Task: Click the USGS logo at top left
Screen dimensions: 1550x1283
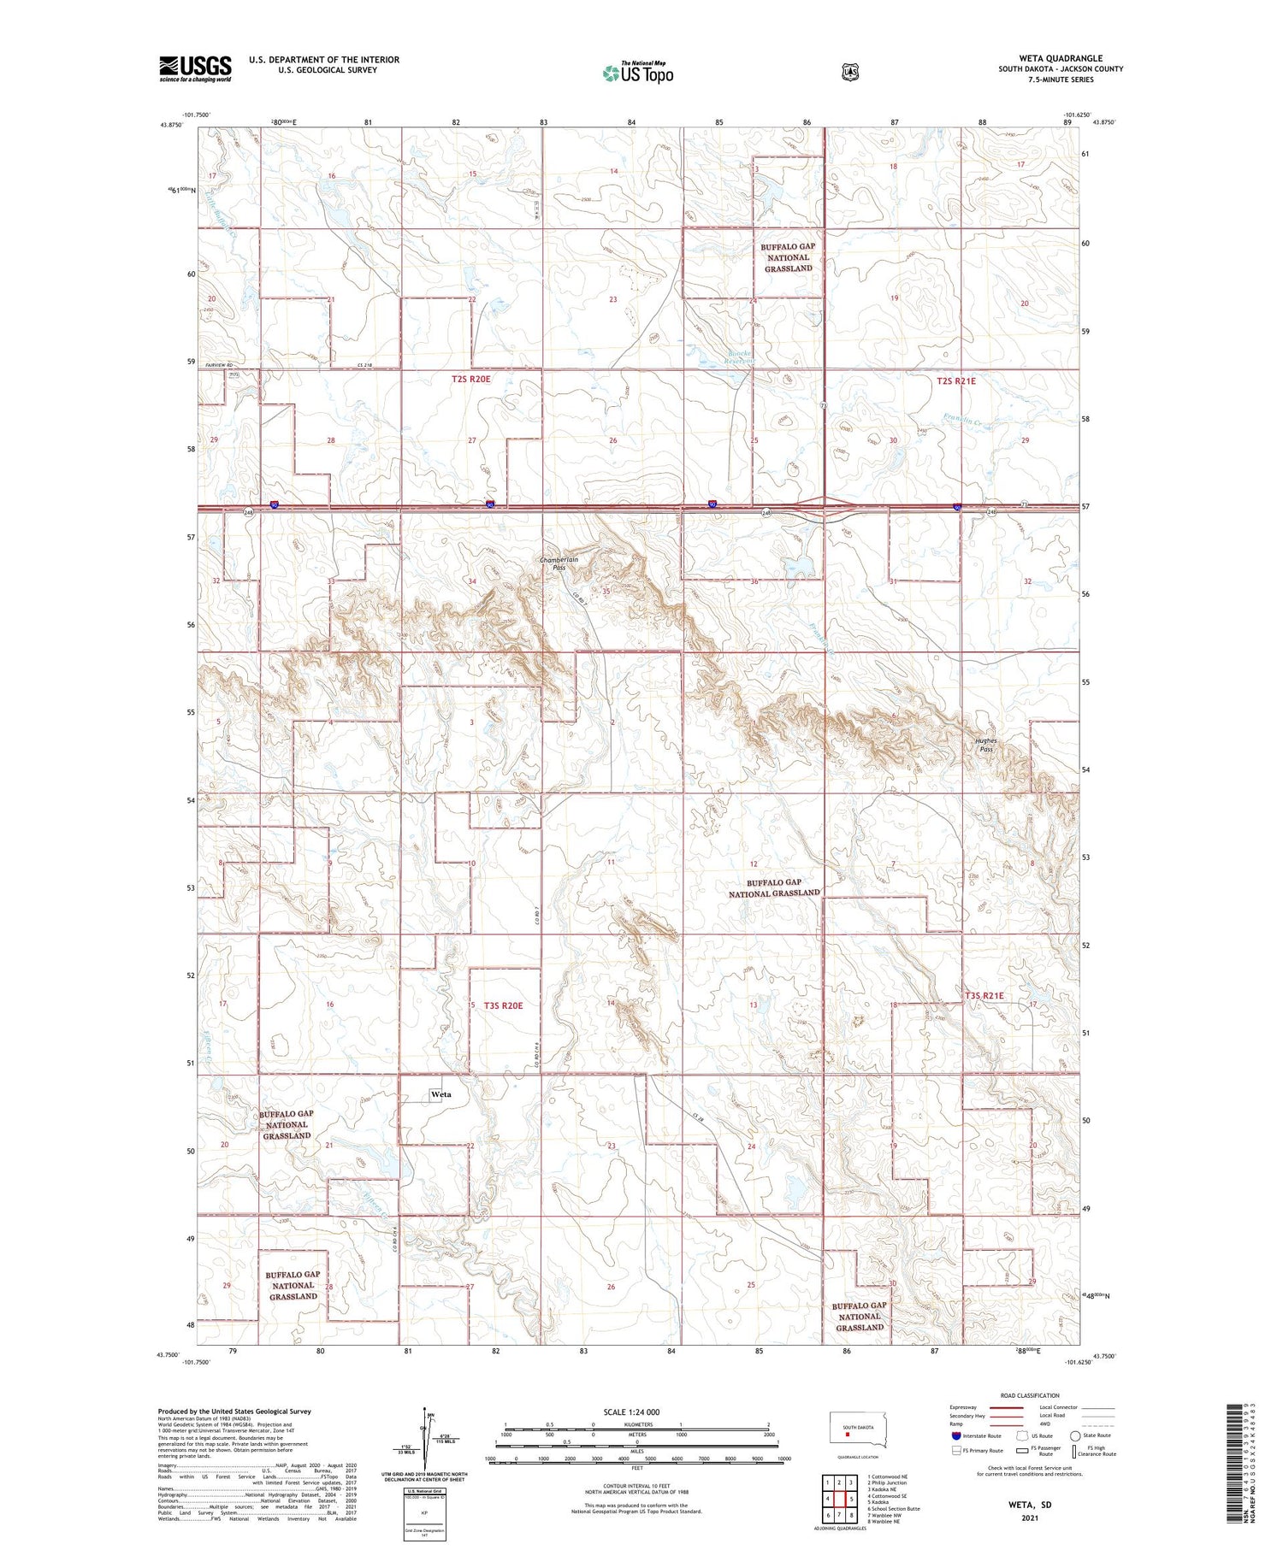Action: (195, 68)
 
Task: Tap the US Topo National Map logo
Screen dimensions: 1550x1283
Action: (638, 73)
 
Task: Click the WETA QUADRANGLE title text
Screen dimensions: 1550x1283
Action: (1060, 58)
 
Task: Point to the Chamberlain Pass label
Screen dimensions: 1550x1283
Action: (559, 563)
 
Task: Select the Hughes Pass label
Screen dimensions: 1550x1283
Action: (985, 745)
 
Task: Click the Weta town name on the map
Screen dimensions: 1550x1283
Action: (441, 1094)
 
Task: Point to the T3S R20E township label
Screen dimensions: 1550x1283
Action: (503, 1005)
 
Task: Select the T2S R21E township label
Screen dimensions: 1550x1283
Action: (955, 381)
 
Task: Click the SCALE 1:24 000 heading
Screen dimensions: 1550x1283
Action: (631, 1412)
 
